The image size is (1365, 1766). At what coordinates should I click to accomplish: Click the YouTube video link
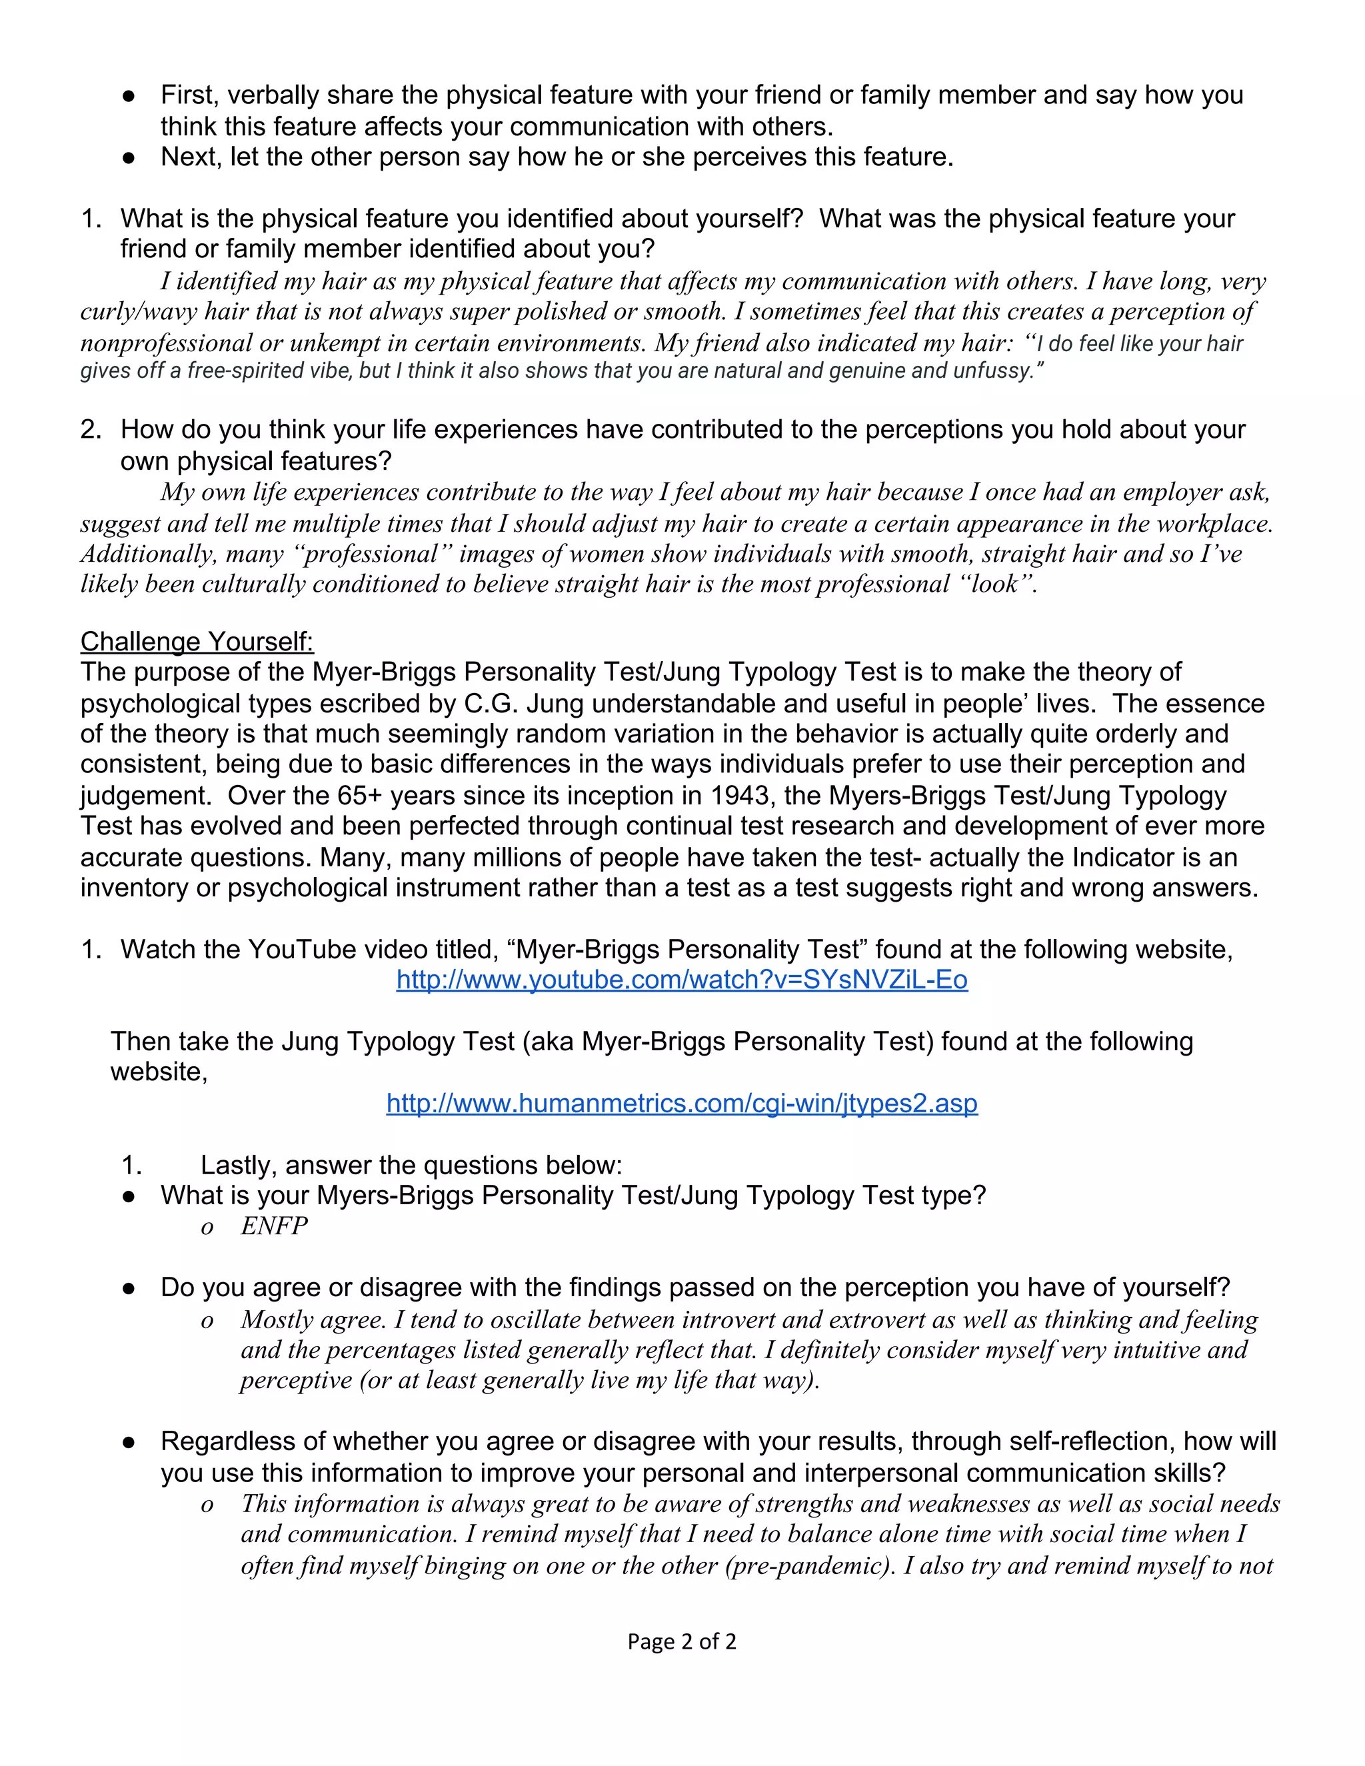coord(682,980)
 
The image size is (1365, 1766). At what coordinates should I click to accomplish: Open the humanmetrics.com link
coord(682,1103)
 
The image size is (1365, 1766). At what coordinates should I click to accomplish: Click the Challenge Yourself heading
coord(197,641)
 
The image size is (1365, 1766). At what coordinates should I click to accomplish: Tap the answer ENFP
coord(274,1226)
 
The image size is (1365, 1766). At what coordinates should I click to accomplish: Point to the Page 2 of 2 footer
coord(682,1641)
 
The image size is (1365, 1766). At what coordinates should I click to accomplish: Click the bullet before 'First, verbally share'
coord(128,95)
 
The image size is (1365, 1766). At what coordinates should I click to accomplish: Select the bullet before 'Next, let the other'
coord(128,157)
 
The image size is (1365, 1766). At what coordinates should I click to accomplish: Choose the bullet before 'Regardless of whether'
coord(128,1441)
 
